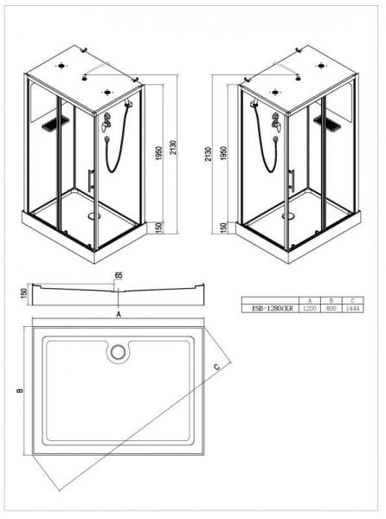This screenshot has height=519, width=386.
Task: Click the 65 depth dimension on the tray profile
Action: coord(118,277)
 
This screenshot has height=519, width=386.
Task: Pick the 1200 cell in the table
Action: coord(309,307)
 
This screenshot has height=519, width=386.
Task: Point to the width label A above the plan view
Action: coord(118,317)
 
